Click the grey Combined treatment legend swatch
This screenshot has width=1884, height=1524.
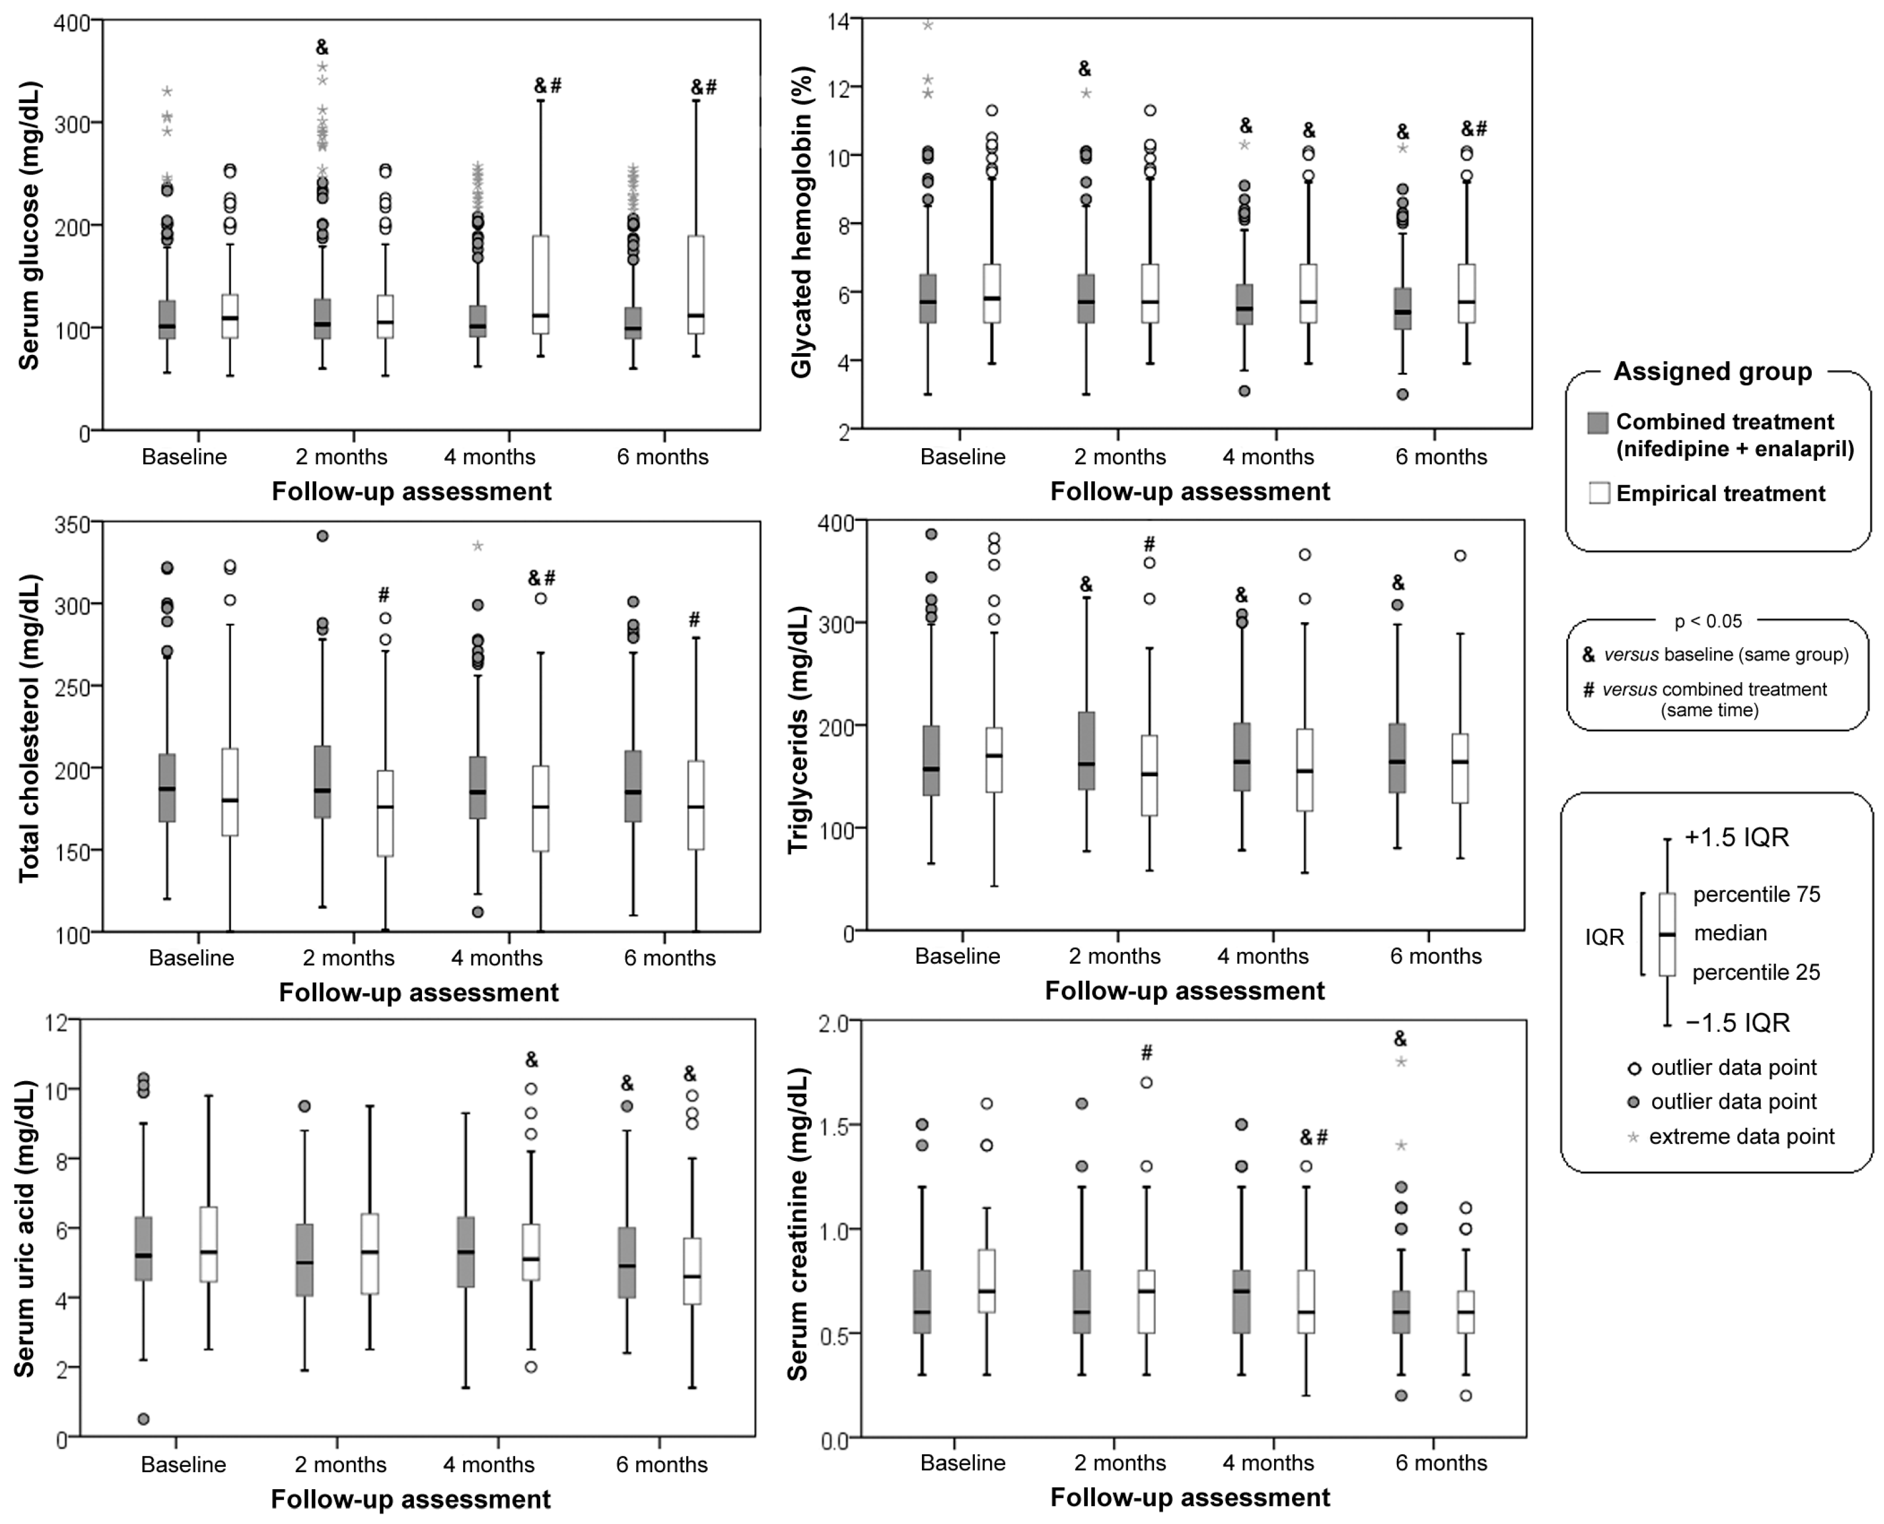(x=1598, y=423)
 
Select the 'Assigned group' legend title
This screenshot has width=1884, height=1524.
(x=1712, y=371)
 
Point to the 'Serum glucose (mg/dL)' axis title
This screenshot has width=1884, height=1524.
(x=29, y=226)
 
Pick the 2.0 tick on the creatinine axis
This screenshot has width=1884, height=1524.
(x=834, y=1023)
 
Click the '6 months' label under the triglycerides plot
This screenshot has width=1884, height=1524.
(x=1435, y=956)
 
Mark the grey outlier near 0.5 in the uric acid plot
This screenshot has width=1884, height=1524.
(x=144, y=1419)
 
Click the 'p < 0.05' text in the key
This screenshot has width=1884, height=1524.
(x=1708, y=621)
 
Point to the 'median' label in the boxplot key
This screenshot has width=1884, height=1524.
(x=1730, y=933)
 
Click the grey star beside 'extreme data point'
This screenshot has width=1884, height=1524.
(x=1633, y=1138)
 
